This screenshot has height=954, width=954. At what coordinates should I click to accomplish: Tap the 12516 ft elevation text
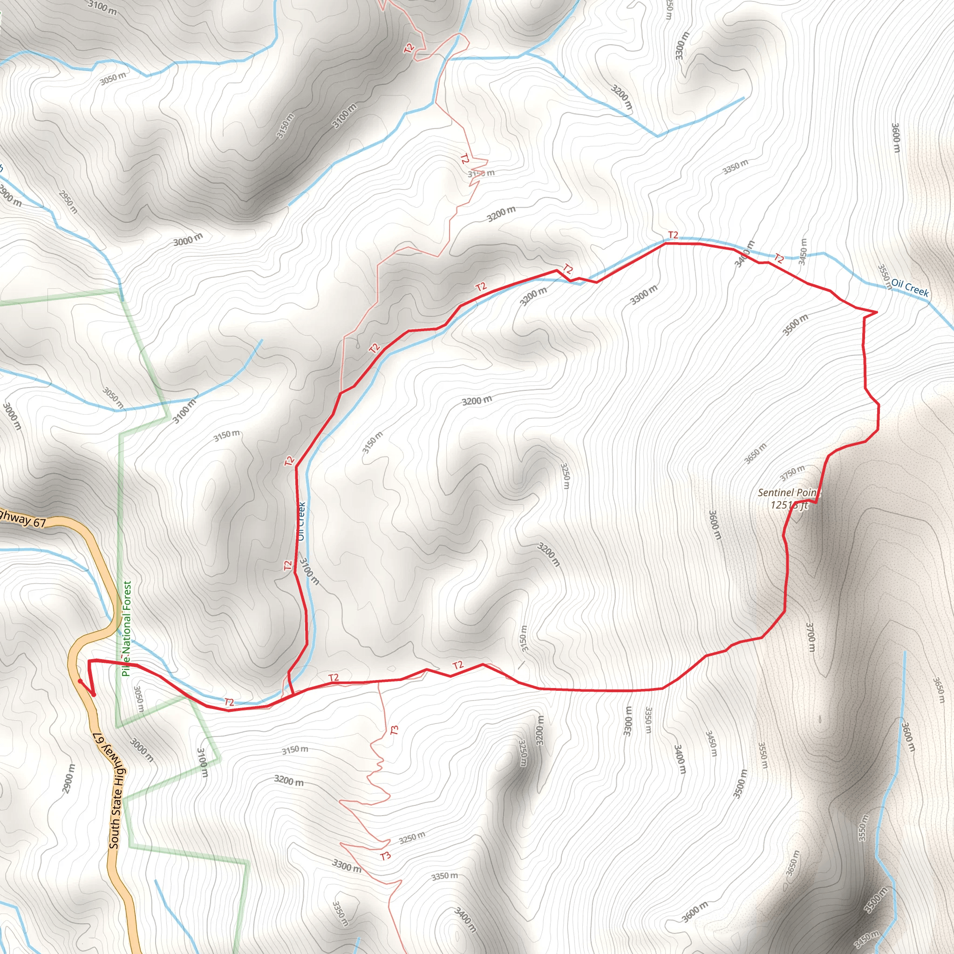[x=789, y=505]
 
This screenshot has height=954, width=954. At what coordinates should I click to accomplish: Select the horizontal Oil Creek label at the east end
[x=910, y=287]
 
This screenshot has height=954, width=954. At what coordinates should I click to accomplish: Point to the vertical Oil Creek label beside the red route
[x=301, y=521]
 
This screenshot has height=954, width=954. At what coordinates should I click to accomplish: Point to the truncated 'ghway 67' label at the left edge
[x=22, y=518]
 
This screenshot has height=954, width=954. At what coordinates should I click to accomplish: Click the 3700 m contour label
[x=811, y=637]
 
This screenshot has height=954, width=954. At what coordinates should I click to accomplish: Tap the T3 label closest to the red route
[x=394, y=730]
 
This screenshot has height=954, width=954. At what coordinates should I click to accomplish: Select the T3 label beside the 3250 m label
[x=386, y=856]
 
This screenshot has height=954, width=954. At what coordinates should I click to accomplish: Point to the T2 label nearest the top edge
[x=409, y=48]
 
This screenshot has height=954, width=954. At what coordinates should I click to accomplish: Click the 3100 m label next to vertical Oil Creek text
[x=310, y=571]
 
